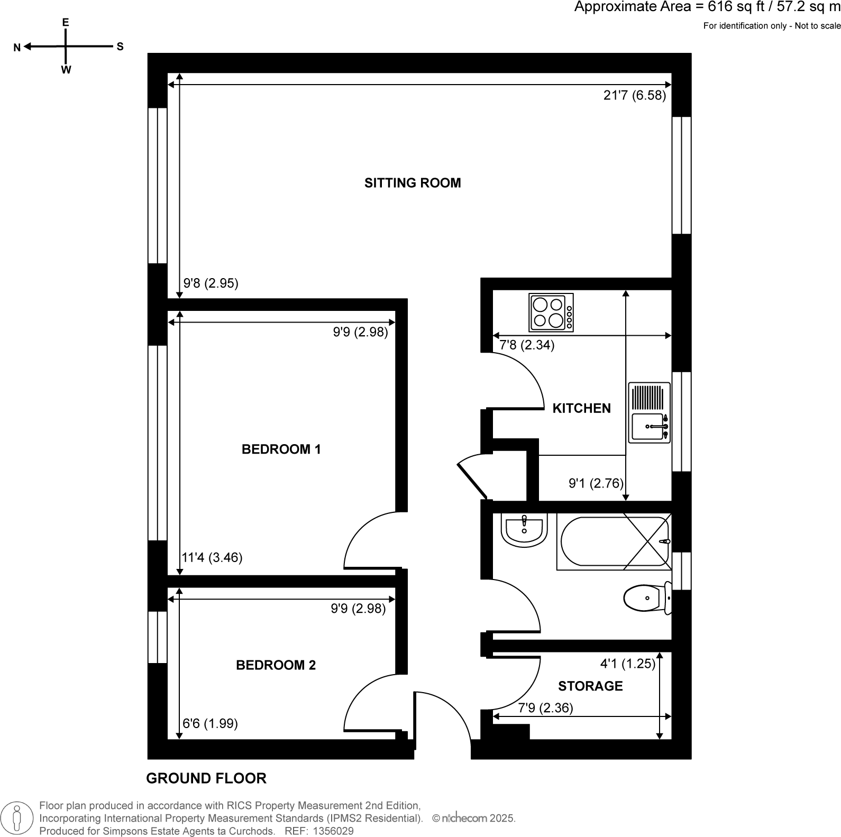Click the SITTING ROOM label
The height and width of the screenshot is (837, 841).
[x=413, y=183]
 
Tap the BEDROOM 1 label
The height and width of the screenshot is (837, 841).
[x=281, y=449]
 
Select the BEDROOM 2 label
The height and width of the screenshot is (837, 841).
[x=276, y=665]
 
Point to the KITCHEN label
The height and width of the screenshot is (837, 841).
[x=581, y=408]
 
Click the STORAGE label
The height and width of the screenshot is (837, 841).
[x=590, y=686]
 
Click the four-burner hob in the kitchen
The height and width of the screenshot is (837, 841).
[x=551, y=312]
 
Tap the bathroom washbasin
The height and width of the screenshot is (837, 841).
[x=524, y=530]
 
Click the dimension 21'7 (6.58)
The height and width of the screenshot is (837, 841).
[x=634, y=96]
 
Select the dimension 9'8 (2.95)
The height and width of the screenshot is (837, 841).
[x=211, y=283]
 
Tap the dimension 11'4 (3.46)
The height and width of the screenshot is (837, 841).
[x=212, y=557]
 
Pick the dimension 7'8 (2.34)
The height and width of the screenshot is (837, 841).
[x=527, y=345]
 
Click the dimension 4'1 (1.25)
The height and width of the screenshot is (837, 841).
[x=627, y=663]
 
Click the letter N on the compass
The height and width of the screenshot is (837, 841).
[x=17, y=48]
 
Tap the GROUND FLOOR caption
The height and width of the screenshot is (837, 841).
[x=206, y=778]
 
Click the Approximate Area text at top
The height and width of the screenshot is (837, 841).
[x=707, y=7]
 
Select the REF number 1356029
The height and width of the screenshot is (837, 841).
[x=333, y=831]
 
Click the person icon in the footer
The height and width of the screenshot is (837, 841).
[x=17, y=817]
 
